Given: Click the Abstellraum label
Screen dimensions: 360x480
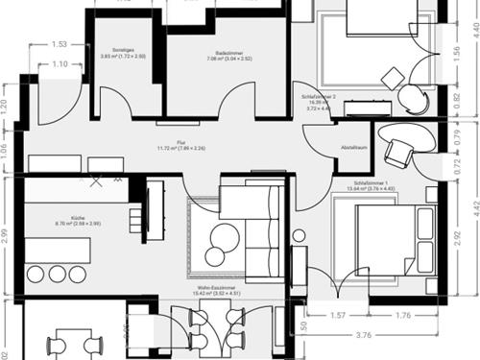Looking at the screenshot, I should [355, 148].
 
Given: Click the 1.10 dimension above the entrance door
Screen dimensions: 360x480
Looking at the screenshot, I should [60, 63].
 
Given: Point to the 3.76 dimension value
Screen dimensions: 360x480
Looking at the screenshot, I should [362, 335].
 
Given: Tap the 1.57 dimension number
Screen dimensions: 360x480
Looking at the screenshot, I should [336, 315].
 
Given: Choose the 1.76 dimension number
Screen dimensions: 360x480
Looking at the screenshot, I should [403, 315].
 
